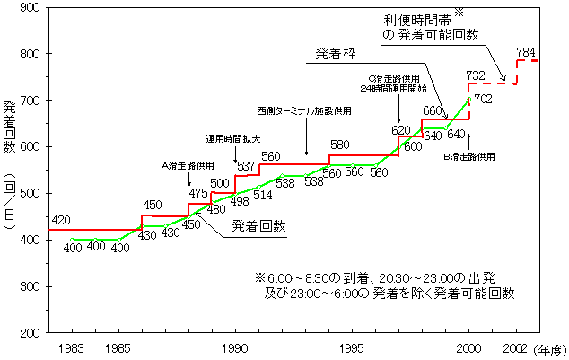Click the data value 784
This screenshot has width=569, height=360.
(x=528, y=50)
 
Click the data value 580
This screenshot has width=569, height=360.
(x=339, y=145)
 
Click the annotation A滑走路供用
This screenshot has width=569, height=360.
(x=187, y=165)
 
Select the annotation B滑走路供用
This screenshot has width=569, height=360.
(x=470, y=156)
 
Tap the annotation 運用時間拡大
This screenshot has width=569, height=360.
(x=232, y=139)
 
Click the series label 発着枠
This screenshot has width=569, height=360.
(x=336, y=54)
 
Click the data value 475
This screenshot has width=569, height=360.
(x=198, y=193)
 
